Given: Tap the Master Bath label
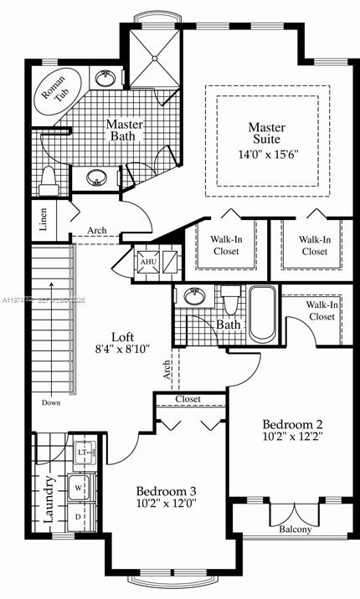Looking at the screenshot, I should point(126,131).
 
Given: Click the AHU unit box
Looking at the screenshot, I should point(149,262).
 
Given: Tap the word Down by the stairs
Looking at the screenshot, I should point(50,402).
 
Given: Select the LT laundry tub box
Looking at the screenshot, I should point(83,453).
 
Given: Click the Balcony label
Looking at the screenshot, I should point(294,529).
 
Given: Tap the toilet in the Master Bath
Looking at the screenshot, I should point(49,180).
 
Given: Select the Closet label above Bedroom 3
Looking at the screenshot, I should point(188,399).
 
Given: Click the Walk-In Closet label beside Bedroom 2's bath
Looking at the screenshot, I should point(322,311).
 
